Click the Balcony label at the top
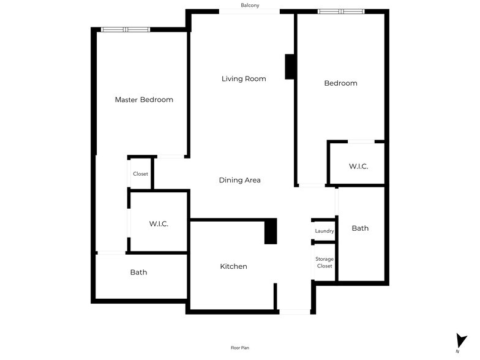click(250, 6)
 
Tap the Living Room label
click(244, 78)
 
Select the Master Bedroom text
click(144, 100)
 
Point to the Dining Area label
click(240, 180)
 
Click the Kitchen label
click(234, 266)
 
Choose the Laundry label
click(324, 231)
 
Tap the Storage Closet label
click(324, 263)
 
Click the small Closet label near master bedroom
click(140, 174)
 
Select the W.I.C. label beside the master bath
click(159, 224)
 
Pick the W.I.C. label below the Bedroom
click(358, 167)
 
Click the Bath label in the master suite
click(138, 272)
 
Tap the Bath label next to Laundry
click(360, 228)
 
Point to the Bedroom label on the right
click(340, 83)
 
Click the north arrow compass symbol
click(461, 342)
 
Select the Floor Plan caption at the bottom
click(240, 348)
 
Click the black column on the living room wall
click(290, 67)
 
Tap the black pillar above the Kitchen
click(271, 232)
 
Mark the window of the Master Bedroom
click(126, 29)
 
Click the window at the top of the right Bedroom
click(341, 11)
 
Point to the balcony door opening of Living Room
click(250, 11)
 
